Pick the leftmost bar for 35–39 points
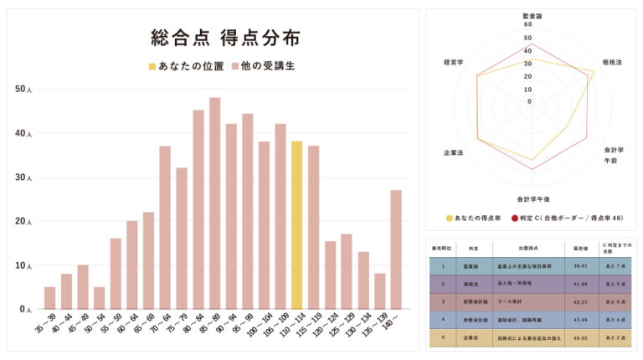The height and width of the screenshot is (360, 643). coord(49,298)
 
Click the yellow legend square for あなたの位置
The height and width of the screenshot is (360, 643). coord(152,65)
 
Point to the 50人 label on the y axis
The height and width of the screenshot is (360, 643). coord(23,89)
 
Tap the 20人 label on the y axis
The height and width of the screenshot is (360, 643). coord(23,221)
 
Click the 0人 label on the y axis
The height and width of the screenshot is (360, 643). coord(25,309)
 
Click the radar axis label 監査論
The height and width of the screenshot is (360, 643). coord(532,16)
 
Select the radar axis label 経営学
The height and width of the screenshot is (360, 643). coord(455,62)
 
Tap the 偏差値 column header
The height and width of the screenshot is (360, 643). coord(579,248)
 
